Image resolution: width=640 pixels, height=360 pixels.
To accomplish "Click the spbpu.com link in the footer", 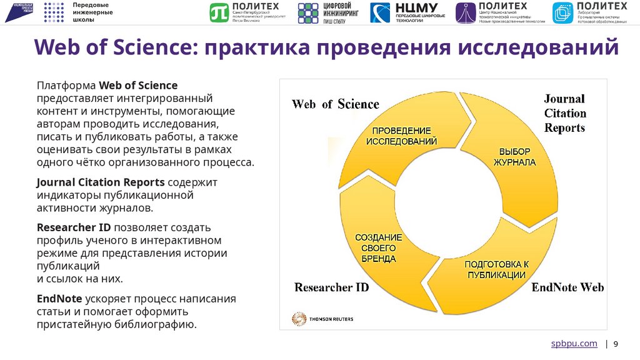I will pos(573,344).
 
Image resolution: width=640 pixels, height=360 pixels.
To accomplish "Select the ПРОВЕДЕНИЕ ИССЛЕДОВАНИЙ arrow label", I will pos(401,136).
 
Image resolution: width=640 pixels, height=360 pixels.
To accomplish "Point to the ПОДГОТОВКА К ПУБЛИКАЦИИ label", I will pos(497,269).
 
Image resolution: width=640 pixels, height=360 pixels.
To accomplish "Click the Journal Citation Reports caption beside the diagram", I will pos(564,113).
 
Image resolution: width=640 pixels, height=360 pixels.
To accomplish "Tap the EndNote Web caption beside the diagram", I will pos(567,287).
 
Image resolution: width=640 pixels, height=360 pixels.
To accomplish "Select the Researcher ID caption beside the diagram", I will pos(331,287).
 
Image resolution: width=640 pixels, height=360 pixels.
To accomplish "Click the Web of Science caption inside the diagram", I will pos(335,104).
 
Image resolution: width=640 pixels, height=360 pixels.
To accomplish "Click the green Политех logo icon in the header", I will pos(220,12).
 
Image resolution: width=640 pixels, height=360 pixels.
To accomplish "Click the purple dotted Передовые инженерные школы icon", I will pos(54,12).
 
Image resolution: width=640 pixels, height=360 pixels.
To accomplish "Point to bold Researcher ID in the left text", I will pos(74,227).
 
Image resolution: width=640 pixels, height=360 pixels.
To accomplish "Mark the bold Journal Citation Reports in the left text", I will pos(101,182).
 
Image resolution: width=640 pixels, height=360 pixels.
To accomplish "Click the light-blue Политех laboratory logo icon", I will pos(562,12).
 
